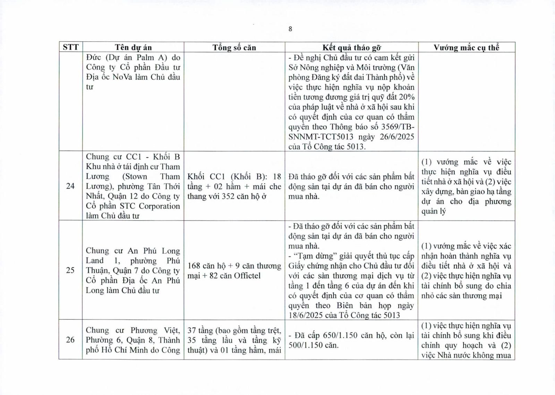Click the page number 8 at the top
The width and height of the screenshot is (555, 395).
click(290, 29)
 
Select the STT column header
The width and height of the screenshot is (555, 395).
click(70, 47)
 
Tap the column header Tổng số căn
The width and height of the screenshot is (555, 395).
click(234, 48)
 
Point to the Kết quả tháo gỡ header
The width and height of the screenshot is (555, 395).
click(351, 48)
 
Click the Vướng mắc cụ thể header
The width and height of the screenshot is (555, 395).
click(466, 48)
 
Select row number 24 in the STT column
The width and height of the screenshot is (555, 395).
click(70, 186)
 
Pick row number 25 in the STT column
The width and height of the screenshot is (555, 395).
click(70, 270)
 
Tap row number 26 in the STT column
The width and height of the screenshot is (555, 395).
click(70, 340)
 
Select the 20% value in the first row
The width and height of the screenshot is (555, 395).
click(405, 97)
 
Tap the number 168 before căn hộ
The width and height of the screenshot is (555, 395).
click(194, 266)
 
